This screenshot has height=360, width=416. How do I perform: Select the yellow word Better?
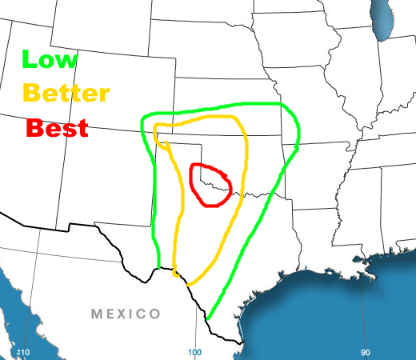(66, 93)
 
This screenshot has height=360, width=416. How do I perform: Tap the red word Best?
(57, 127)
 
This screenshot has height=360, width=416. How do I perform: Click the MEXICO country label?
(126, 314)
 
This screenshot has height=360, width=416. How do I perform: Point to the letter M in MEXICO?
(98, 314)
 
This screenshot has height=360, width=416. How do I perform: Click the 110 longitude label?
(22, 353)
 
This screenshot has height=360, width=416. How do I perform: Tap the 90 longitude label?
(365, 353)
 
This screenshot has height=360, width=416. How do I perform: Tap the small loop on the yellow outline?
(162, 139)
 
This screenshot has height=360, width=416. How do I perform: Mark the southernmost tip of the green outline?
(208, 320)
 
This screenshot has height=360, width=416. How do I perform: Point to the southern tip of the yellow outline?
(189, 283)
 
